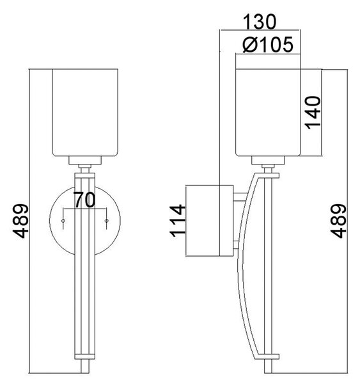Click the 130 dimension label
coord(260,22)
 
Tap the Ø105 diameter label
coord(268,45)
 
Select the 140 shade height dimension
coord(313,113)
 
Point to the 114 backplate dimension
coord(177,221)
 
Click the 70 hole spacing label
coord(84,200)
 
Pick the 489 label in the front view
coord(20,221)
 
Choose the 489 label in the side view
coord(338,221)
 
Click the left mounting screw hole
coord(63,221)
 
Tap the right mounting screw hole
coord(106,221)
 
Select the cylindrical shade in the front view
coord(85,113)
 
